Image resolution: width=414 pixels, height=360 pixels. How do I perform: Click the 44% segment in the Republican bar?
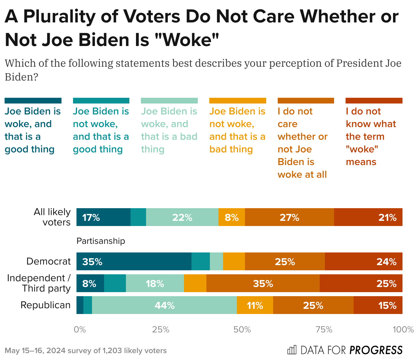click(x=164, y=305)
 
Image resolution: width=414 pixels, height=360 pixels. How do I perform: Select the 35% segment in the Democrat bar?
click(x=134, y=261)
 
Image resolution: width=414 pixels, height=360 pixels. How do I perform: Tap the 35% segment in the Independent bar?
click(x=263, y=283)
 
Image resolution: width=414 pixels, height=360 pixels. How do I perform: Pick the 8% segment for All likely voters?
click(x=232, y=217)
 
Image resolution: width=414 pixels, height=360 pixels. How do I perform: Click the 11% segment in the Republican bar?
click(x=255, y=305)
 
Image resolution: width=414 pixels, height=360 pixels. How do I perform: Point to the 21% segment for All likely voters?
click(x=368, y=217)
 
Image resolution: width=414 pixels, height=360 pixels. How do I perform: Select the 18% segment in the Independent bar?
click(x=155, y=283)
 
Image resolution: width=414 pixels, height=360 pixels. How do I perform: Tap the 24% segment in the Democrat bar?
click(x=364, y=261)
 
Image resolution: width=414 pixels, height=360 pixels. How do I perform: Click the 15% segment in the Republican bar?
click(x=378, y=305)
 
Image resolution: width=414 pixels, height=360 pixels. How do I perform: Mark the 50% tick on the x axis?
click(x=242, y=330)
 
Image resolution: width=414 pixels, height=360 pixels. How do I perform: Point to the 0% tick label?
click(x=80, y=330)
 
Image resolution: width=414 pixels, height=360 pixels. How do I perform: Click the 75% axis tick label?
click(x=324, y=330)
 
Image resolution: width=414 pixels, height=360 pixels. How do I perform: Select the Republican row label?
click(x=45, y=305)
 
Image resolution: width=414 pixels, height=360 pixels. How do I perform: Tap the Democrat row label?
click(x=48, y=261)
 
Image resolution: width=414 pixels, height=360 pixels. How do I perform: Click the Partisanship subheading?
click(x=101, y=241)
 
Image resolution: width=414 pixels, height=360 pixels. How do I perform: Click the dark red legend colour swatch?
click(x=374, y=101)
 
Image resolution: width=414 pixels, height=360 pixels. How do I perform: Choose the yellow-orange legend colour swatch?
click(x=237, y=101)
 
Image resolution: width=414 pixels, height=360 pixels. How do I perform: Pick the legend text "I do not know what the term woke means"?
click(x=370, y=137)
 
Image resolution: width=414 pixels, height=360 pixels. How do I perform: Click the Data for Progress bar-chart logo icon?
click(x=292, y=350)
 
